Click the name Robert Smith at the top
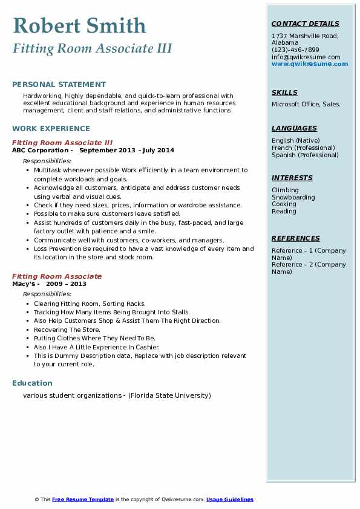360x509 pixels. [x=79, y=25]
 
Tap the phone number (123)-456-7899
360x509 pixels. [x=295, y=50]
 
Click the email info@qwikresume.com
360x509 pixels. [x=306, y=57]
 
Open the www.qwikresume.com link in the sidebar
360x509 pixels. [x=310, y=63]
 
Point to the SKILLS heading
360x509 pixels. [x=284, y=92]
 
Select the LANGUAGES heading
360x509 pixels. [x=294, y=128]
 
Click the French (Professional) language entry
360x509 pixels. [x=303, y=148]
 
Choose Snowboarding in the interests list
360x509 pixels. [x=293, y=197]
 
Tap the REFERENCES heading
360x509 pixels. [x=296, y=238]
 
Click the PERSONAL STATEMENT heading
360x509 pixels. [x=59, y=85]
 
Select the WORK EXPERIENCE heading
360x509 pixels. [x=51, y=128]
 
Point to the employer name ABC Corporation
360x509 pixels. [x=40, y=150]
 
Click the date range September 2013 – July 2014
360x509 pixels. [x=126, y=150]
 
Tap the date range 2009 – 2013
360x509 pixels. [x=66, y=284]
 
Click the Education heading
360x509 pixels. [x=32, y=383]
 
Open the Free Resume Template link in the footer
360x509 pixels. [x=83, y=499]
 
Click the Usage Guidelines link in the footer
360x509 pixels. [x=229, y=499]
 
